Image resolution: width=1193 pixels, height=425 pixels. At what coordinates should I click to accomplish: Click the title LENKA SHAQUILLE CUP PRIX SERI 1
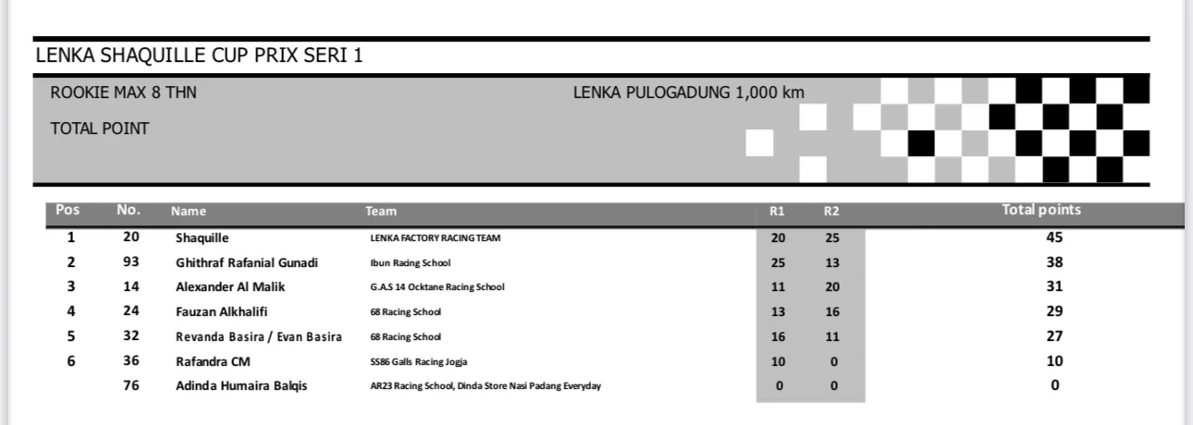pos(199,55)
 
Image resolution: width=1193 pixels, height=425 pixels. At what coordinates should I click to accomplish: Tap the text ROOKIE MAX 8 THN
pos(123,92)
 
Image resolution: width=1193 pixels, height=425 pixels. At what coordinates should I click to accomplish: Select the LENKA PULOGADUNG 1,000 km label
pos(688,92)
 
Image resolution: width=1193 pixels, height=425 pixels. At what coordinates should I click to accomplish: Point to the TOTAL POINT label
pos(100,128)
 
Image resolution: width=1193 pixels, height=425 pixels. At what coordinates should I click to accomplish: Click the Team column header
pos(381,212)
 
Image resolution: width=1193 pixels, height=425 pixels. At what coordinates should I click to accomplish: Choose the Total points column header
pos(1041,211)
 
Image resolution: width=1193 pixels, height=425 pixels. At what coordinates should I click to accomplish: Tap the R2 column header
pos(831,212)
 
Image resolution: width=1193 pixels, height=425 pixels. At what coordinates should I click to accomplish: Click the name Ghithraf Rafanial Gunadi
pos(247,262)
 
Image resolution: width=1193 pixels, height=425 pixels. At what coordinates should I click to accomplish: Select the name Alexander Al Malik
pos(232,286)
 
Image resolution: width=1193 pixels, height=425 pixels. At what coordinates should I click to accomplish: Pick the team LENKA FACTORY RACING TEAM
pos(435,237)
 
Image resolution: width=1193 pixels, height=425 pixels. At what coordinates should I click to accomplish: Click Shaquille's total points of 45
pos(1055,237)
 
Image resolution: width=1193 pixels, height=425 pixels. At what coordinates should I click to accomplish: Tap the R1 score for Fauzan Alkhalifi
pos(778,311)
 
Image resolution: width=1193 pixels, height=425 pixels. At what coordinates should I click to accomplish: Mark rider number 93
pos(130,262)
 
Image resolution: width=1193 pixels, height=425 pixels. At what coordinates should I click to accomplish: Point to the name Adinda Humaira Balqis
pos(241,386)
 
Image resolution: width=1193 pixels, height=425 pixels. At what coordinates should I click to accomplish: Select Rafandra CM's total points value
pos(1055,361)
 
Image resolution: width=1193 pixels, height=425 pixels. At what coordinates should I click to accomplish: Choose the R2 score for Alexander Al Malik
pos(833,286)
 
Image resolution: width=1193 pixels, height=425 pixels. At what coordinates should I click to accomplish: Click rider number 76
pos(130,386)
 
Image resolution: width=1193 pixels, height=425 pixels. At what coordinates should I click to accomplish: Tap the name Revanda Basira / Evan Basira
pos(259,336)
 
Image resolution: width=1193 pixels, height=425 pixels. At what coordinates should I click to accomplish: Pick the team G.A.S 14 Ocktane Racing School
pos(437,286)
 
